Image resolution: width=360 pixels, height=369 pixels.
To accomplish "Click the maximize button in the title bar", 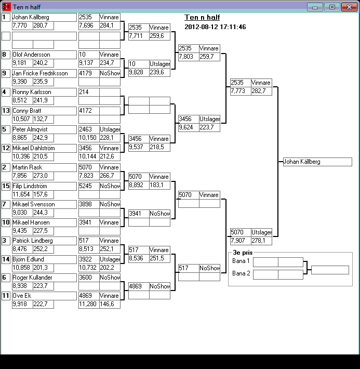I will click(331, 7).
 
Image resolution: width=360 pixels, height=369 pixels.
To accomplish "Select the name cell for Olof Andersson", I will click(44, 55).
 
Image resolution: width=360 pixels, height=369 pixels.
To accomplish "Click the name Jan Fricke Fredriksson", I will click(44, 73).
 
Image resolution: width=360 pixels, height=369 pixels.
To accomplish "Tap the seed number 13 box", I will click(6, 111).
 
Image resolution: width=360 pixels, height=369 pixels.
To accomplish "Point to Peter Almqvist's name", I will click(44, 129).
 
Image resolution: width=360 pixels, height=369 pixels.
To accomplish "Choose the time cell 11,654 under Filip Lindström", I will click(22, 194).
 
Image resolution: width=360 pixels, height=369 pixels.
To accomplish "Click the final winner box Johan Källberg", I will click(317, 162).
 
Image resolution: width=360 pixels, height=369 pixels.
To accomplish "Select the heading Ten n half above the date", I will click(202, 18).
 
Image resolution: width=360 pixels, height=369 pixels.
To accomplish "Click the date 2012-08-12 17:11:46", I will click(215, 27).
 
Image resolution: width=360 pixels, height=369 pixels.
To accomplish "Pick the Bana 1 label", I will click(241, 261).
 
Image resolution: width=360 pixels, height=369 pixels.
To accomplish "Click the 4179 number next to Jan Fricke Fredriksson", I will click(89, 73).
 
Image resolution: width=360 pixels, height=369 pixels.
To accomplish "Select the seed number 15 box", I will click(6, 186).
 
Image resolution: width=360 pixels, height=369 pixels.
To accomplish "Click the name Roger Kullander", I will click(44, 278).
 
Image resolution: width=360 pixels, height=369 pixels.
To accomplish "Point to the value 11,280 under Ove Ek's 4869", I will click(89, 304).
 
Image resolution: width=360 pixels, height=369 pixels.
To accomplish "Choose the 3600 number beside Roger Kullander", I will click(89, 278).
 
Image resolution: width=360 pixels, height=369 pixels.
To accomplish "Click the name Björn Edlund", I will click(44, 259).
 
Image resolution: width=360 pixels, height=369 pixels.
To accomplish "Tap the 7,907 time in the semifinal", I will click(240, 241).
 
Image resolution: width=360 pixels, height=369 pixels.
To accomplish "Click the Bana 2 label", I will click(241, 273).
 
